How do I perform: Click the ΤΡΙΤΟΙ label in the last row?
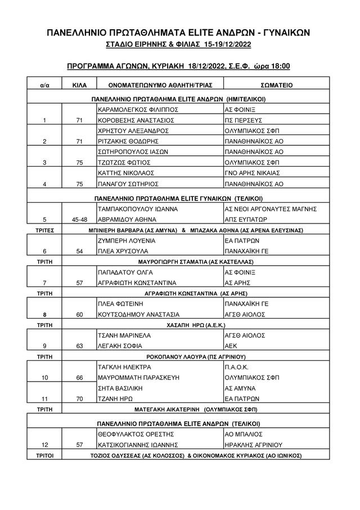click(x=44, y=455)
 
